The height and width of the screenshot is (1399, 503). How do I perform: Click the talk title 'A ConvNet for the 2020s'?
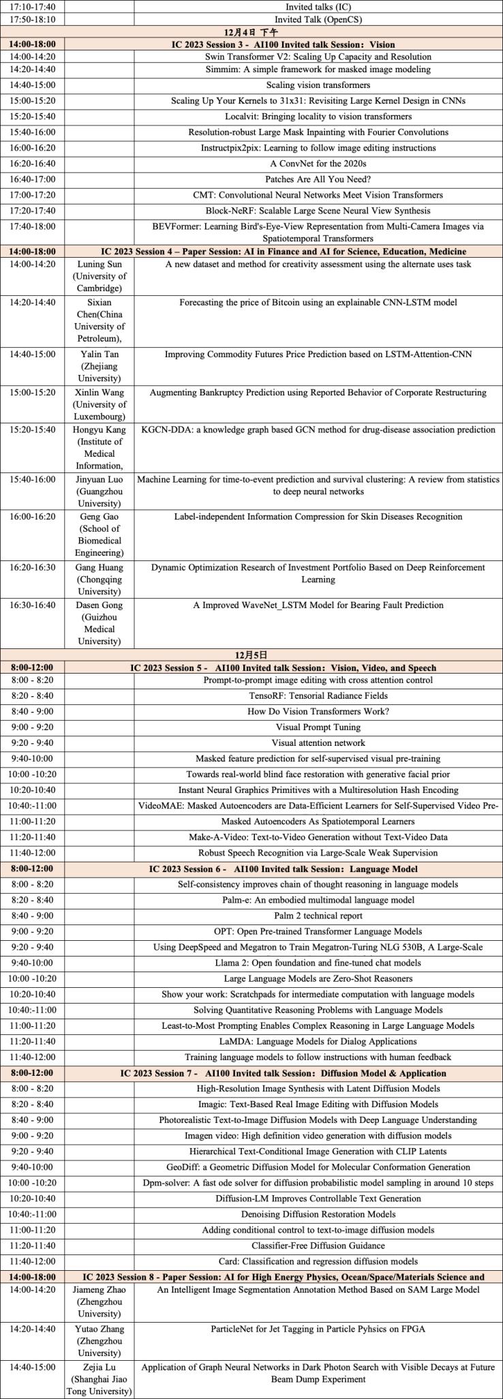coord(318,164)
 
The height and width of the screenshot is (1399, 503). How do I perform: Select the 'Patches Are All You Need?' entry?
coord(318,179)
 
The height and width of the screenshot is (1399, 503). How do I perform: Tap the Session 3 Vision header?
coord(282,44)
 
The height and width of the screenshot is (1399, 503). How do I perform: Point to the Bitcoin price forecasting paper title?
coord(318,302)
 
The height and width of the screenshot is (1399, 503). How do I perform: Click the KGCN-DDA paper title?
coord(318,430)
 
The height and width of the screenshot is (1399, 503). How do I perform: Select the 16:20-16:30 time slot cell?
coord(33,568)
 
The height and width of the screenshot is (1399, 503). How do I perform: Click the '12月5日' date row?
coord(251,655)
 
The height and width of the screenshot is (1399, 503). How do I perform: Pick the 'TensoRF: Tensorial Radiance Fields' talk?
coord(318,696)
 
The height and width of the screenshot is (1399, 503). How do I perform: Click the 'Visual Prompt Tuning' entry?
coord(318,727)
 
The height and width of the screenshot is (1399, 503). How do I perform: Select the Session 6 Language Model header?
coord(283,869)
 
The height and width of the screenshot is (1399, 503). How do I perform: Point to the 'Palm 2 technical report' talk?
coord(318,916)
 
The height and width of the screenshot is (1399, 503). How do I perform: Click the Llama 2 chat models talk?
coord(318,963)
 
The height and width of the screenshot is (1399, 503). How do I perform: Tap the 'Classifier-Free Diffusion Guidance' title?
coord(318,1246)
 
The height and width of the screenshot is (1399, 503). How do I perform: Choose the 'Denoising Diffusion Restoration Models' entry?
coord(318,1214)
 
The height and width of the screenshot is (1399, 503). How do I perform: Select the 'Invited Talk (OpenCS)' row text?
coord(318,20)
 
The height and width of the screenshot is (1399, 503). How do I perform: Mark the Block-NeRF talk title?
coord(318,211)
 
